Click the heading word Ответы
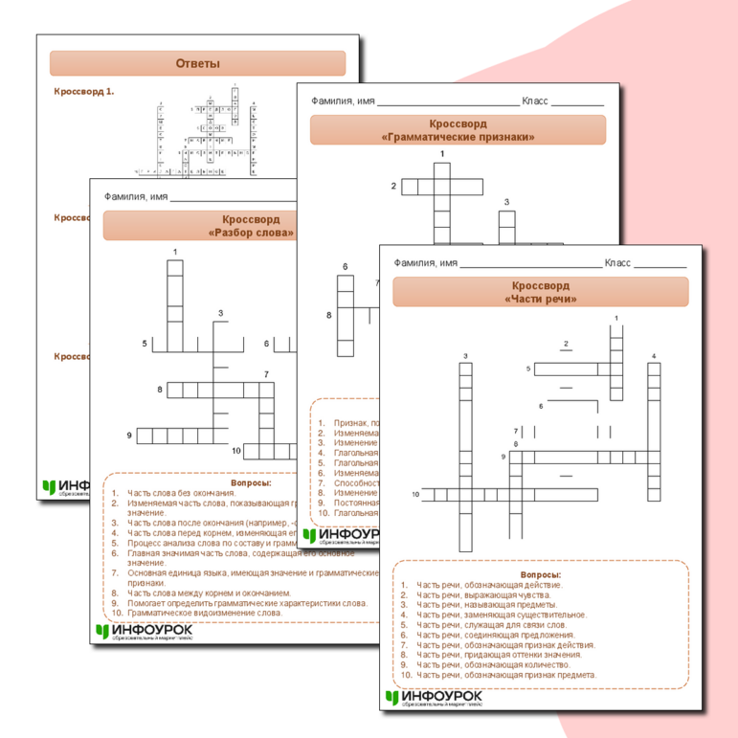click(197, 63)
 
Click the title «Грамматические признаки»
click(458, 137)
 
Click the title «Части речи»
click(540, 300)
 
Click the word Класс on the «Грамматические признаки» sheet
click(535, 101)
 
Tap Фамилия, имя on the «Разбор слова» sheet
click(136, 196)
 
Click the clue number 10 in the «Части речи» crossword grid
click(416, 494)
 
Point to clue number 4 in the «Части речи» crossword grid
click(654, 357)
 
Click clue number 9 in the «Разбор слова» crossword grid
click(129, 436)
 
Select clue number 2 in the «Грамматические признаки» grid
click(393, 186)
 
